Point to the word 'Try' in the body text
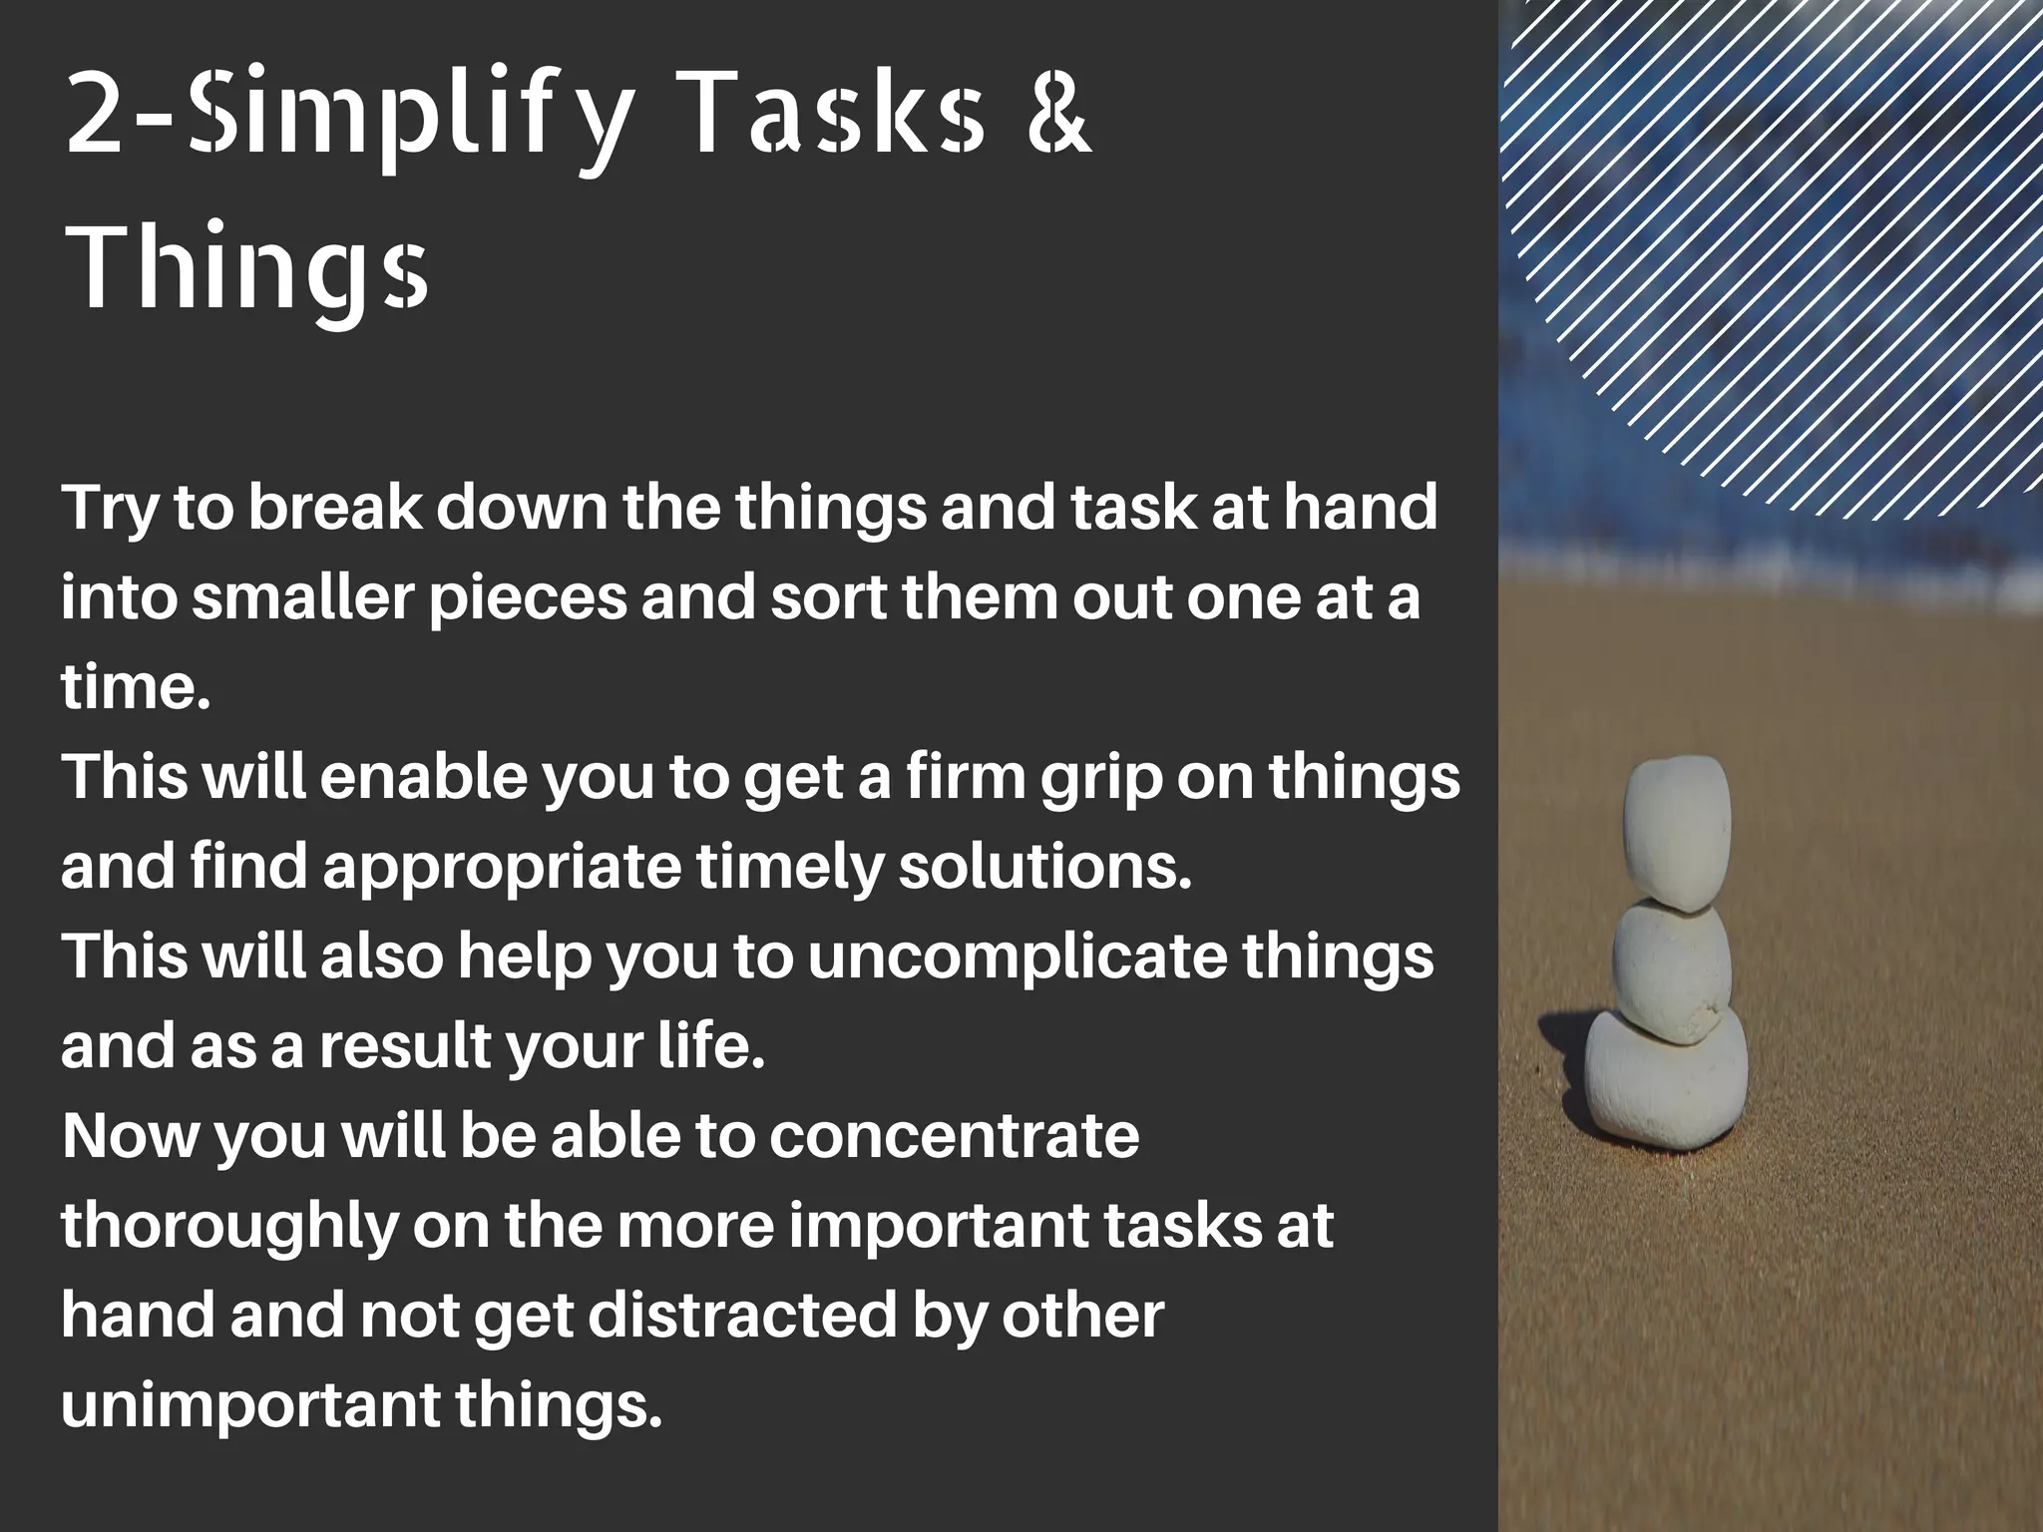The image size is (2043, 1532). [x=109, y=509]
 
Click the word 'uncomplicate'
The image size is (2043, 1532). [x=1017, y=957]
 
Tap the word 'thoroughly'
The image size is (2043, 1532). [x=229, y=1227]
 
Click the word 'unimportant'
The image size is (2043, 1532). [x=249, y=1406]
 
